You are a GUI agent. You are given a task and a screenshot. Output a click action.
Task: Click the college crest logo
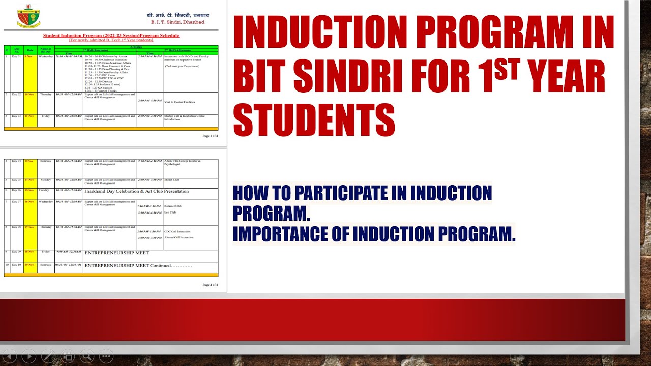[x=28, y=16]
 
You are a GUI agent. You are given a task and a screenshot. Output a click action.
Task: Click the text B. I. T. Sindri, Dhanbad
[x=177, y=22]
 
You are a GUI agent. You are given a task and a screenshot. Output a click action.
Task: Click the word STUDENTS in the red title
[x=314, y=120]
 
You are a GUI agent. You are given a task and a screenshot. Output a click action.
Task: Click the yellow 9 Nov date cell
[x=30, y=57]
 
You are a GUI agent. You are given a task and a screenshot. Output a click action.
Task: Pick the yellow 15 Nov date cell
[x=30, y=190]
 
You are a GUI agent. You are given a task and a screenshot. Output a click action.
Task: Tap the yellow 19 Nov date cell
[x=30, y=264]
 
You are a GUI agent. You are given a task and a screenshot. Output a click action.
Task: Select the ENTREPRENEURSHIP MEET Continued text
[x=138, y=265]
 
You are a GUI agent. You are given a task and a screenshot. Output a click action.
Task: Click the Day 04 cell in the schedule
[x=17, y=161]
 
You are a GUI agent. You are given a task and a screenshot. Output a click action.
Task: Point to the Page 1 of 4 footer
[x=210, y=136]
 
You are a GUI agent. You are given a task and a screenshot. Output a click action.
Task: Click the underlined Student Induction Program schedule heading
[x=111, y=36]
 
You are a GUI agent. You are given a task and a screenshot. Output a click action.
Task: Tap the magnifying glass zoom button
[x=86, y=357]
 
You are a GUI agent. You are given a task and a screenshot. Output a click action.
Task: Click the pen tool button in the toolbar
[x=48, y=357]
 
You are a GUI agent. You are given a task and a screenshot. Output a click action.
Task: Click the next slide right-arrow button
[x=28, y=357]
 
